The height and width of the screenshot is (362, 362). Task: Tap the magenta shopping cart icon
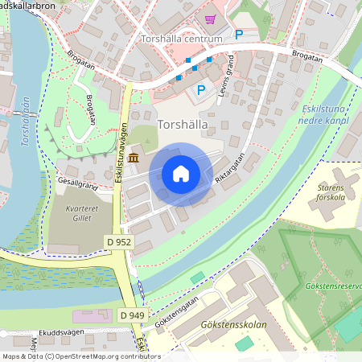coord(210,19)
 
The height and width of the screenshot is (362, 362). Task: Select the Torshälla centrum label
coord(181,39)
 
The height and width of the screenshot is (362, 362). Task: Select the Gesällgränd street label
coord(77,185)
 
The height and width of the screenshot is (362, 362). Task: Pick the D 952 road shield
coord(118,241)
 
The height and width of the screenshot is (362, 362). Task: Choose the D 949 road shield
coord(133,315)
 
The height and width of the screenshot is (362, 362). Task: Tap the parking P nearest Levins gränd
coord(201,90)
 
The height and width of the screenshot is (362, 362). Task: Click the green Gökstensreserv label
coord(333,286)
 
